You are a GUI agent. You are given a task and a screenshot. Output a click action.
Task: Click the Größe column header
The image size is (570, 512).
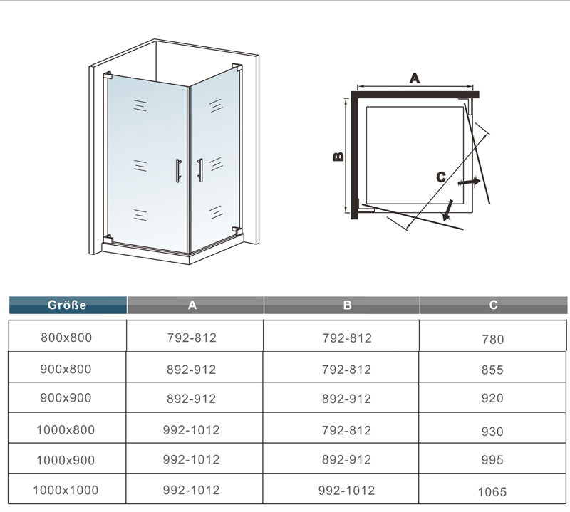click(67, 305)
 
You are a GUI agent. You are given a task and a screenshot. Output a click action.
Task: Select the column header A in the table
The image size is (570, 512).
click(192, 305)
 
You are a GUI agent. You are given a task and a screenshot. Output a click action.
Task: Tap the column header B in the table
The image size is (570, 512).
click(347, 305)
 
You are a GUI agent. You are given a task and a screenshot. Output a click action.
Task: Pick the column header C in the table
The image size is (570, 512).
click(493, 305)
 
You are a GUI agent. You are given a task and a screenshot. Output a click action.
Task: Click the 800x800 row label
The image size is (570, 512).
click(67, 338)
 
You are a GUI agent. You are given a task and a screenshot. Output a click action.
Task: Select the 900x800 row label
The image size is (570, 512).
click(67, 369)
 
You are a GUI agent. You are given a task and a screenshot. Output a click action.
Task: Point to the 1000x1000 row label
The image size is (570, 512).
click(66, 490)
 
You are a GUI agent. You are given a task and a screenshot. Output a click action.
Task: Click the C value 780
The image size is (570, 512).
click(492, 339)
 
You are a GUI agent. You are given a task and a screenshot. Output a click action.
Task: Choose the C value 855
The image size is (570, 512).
click(492, 370)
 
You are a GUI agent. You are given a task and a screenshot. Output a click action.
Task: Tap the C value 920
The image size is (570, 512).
click(492, 399)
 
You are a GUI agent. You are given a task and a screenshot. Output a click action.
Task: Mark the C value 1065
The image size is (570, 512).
click(492, 491)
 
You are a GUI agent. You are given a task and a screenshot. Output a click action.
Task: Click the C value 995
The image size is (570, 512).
click(492, 461)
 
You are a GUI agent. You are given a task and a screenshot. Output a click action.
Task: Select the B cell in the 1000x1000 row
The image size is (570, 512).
click(347, 490)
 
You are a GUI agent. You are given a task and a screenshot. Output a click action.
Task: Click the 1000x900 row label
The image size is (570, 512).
click(67, 459)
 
